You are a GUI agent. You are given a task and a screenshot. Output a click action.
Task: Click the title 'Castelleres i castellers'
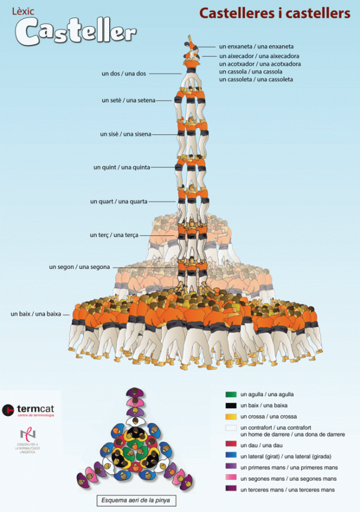[274, 13]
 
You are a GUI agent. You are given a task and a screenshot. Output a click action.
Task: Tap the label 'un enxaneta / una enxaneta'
[256, 46]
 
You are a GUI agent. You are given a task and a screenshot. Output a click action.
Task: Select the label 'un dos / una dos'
[124, 74]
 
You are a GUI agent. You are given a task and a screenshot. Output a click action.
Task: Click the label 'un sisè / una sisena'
[126, 134]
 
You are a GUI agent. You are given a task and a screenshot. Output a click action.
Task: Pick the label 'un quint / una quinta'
[122, 167]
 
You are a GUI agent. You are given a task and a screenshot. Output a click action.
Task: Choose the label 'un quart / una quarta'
[119, 201]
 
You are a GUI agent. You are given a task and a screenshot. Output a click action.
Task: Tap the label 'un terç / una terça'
[114, 235]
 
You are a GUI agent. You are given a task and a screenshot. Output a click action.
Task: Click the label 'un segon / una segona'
[80, 267]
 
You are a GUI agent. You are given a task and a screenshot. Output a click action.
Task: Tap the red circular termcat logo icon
[8, 409]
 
